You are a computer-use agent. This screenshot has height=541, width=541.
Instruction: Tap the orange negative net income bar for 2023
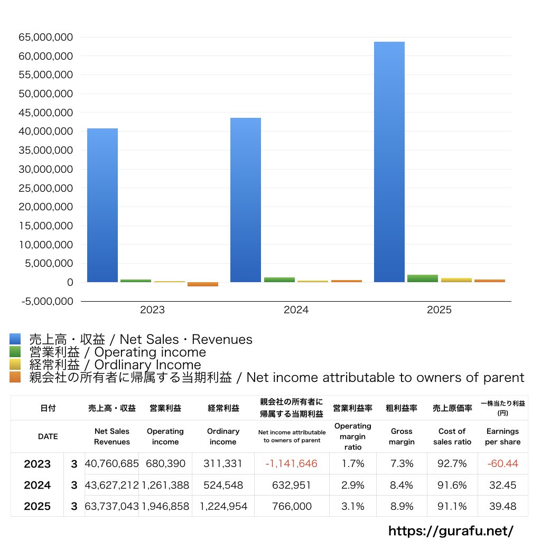pos(203,284)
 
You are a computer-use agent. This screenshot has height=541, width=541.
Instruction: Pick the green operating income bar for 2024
pos(279,279)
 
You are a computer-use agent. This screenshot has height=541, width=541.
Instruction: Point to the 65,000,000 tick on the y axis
pos(45,38)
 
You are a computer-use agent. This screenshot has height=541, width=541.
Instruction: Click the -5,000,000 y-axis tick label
pos(45,301)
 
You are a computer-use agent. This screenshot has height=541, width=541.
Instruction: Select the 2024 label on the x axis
pos(296,310)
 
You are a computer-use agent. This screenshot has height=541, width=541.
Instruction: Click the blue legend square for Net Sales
pos(15,339)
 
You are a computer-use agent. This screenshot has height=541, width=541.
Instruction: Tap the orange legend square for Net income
pos(15,377)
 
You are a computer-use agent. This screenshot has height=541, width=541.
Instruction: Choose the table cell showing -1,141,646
pos(291,464)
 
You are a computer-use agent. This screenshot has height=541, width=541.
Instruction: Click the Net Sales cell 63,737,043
pos(112,506)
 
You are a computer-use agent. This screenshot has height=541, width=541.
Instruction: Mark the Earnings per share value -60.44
pos(502,464)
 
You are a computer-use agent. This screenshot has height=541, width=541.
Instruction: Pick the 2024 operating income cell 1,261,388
pos(165,485)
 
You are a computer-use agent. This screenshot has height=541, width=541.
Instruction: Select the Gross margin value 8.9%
pos(402,506)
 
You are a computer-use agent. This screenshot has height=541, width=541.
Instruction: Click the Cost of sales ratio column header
pos(452,436)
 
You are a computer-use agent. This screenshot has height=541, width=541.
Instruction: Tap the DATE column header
pos(48,436)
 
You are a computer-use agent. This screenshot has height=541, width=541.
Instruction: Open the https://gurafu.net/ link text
pos(451,530)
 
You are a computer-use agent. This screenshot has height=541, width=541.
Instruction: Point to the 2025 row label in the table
pos(38,506)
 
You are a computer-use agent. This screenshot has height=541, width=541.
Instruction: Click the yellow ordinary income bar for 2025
pos(456,279)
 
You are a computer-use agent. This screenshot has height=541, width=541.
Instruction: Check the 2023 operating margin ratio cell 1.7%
pos(353,464)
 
